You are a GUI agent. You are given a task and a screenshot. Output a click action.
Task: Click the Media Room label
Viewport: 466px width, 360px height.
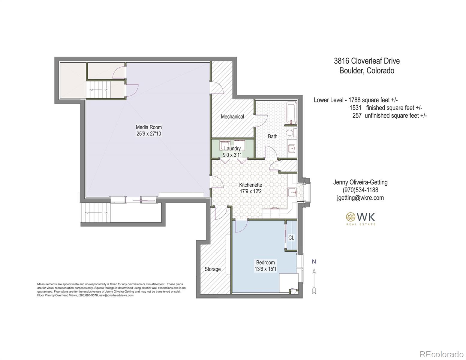tap(149, 127)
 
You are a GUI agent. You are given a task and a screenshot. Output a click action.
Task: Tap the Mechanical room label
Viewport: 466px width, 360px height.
tap(232, 116)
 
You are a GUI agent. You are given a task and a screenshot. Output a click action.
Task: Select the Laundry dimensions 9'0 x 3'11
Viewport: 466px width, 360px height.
tap(232, 155)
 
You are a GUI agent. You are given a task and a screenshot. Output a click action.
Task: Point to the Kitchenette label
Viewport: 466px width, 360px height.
tap(251, 185)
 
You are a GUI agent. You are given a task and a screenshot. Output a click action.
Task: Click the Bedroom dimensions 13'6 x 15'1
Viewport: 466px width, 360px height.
tap(265, 269)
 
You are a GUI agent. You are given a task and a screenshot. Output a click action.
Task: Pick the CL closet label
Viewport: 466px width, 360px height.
tap(291, 238)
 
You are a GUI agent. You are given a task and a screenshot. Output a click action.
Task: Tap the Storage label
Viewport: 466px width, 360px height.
tap(212, 269)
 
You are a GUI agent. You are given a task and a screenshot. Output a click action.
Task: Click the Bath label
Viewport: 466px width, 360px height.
tap(272, 136)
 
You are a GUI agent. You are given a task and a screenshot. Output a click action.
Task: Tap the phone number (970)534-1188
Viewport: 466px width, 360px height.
tap(360, 190)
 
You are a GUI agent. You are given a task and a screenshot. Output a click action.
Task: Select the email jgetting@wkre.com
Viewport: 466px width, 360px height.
tap(360, 198)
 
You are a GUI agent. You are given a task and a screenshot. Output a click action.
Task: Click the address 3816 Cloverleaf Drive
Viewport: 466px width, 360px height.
tap(367, 61)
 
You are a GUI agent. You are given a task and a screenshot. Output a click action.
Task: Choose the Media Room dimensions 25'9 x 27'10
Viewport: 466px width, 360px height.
tap(149, 134)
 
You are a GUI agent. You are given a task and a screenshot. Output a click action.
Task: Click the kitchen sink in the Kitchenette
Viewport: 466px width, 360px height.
tap(291, 192)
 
